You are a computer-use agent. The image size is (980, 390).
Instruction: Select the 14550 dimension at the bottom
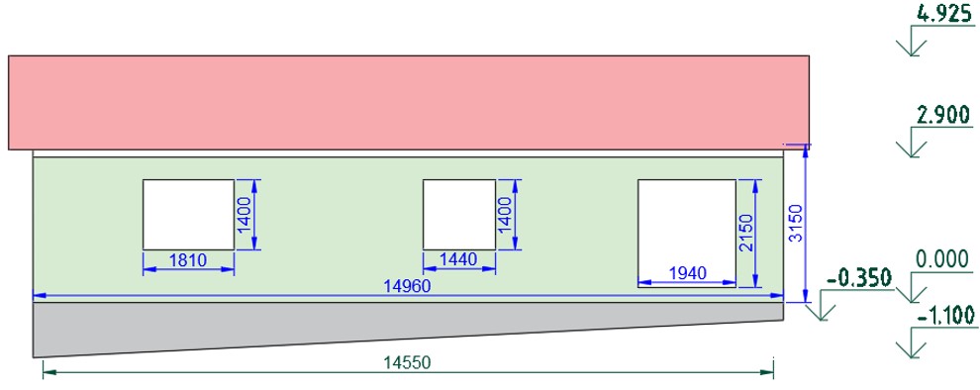[x=408, y=362]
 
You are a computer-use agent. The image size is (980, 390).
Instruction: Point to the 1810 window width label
[x=188, y=259]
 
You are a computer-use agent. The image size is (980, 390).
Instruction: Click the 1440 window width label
[x=459, y=258]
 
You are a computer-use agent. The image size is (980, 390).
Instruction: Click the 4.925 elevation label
[x=943, y=13]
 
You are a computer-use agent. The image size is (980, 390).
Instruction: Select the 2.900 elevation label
[x=943, y=115]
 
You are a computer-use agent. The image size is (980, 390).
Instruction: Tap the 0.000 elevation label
[x=943, y=258]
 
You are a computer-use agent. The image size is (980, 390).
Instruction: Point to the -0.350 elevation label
[x=859, y=278]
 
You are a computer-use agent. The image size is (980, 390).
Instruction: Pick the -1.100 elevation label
[x=945, y=317]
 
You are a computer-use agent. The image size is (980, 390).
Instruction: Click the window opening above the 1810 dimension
[x=189, y=215]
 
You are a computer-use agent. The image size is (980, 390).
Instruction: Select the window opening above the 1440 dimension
[x=459, y=215]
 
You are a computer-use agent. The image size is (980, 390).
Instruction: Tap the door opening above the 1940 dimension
[x=687, y=234]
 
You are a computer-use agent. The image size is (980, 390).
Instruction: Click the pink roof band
[x=410, y=103]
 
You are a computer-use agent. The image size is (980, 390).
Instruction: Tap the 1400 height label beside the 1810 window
[x=244, y=215]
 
